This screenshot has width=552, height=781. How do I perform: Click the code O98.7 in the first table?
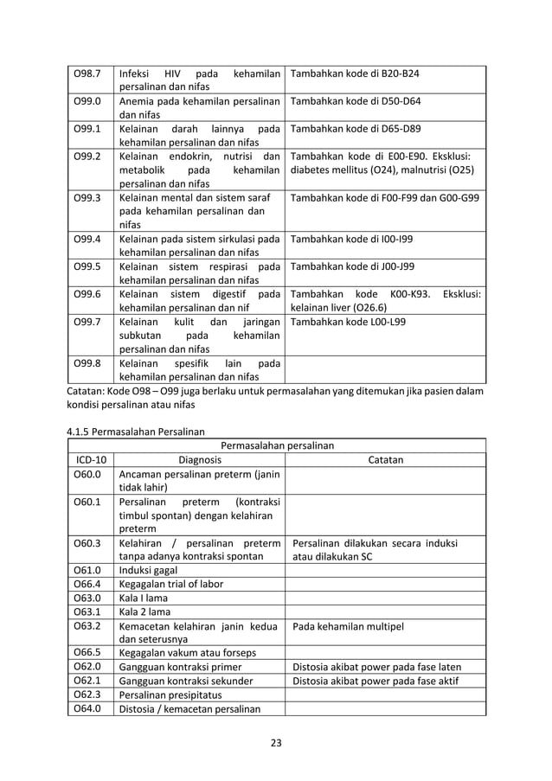click(87, 74)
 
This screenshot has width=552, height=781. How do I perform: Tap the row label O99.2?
click(87, 157)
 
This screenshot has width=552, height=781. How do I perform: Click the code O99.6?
click(87, 294)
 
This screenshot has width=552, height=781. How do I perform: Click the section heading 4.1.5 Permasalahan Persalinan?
click(137, 431)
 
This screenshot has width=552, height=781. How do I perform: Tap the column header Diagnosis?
click(199, 460)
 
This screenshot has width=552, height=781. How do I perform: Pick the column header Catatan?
click(385, 460)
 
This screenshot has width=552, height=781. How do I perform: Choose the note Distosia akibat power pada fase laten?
click(377, 666)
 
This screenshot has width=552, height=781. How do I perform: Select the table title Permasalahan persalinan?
click(277, 446)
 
